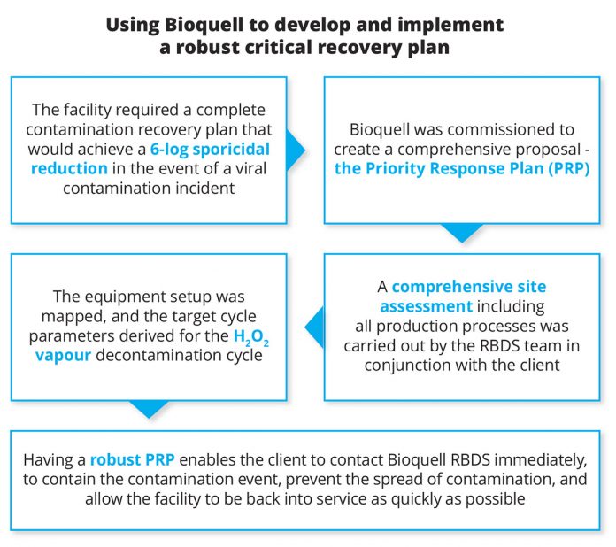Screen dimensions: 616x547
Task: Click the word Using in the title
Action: [x=133, y=25]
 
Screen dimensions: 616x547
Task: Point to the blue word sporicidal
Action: [x=231, y=150]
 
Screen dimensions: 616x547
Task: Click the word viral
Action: [x=250, y=168]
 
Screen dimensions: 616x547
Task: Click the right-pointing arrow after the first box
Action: [x=296, y=150]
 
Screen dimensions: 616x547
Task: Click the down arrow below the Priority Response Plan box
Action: [x=462, y=233]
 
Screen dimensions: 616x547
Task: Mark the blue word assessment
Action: [x=427, y=306]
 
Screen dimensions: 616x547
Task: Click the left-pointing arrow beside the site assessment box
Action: [x=315, y=327]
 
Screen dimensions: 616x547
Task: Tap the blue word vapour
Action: [x=63, y=356]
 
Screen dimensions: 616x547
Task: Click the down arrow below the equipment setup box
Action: [x=149, y=410]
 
